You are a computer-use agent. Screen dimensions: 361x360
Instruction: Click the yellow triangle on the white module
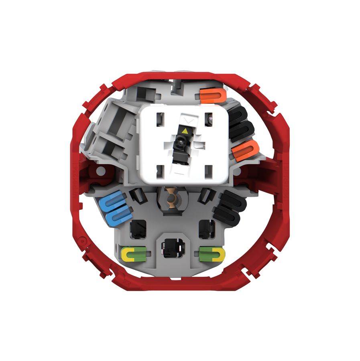[184, 131]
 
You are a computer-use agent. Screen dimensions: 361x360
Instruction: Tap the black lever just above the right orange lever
[242, 130]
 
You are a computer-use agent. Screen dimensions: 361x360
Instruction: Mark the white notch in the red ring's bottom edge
[175, 278]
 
